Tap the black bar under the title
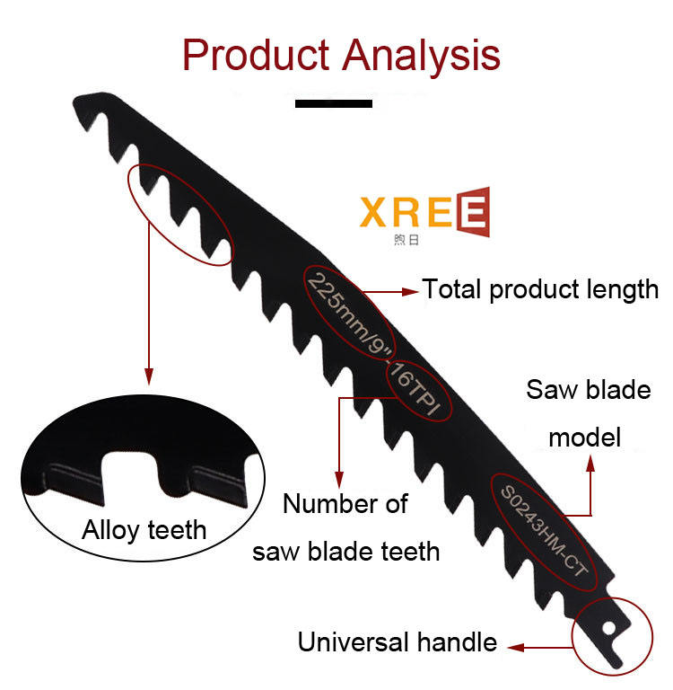(x=333, y=104)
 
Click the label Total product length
(x=540, y=289)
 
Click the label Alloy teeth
(x=144, y=529)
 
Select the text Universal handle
(x=397, y=642)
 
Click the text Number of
(x=345, y=504)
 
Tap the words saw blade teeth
(x=345, y=551)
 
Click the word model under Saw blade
(x=584, y=438)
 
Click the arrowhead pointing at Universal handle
(x=514, y=644)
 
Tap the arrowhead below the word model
(x=591, y=463)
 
